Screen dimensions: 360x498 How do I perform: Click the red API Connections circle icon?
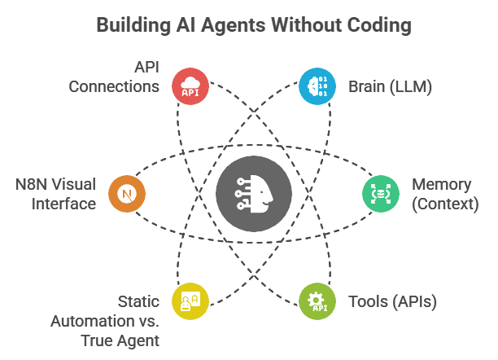(190, 86)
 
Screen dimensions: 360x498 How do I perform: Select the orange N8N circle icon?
(127, 194)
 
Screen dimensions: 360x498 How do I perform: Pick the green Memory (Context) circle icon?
(380, 194)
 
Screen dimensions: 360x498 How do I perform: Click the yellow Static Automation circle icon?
(190, 301)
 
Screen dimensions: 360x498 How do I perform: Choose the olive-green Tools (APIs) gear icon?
(316, 301)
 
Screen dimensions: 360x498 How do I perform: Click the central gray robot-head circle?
(253, 194)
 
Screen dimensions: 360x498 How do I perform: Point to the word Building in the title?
(132, 25)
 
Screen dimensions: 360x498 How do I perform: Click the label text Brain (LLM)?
(390, 86)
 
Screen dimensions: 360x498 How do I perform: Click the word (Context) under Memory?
(445, 204)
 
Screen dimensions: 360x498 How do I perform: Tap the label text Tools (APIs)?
(393, 301)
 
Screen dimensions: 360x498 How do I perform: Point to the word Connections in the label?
(114, 86)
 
